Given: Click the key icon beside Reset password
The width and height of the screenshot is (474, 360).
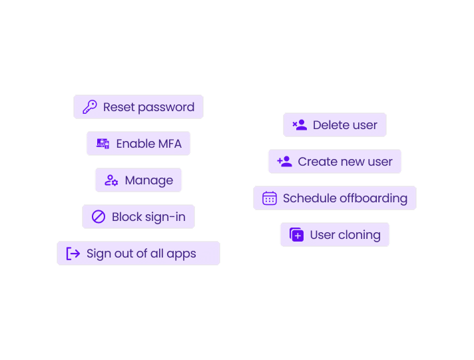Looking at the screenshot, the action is (x=90, y=107).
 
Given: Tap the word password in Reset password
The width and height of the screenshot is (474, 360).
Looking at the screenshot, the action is (x=166, y=108).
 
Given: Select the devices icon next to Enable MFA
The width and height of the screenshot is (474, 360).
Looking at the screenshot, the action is (x=103, y=144).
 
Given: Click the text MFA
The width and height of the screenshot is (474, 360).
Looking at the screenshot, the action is (x=170, y=144).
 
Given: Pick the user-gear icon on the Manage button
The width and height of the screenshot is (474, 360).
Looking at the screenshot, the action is (x=111, y=180).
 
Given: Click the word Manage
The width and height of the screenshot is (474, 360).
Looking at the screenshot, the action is (x=149, y=181).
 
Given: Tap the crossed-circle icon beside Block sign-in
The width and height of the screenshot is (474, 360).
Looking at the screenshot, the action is (x=99, y=217).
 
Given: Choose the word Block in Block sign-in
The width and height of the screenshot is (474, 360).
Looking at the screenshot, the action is (x=127, y=217).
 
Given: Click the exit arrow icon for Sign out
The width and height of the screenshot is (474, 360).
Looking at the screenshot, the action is (x=73, y=254).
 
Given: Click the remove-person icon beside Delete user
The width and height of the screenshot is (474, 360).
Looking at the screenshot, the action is (x=300, y=125).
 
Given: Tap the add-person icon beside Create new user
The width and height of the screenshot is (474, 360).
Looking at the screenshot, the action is (x=285, y=162).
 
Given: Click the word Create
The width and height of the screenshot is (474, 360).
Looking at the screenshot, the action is (x=317, y=162).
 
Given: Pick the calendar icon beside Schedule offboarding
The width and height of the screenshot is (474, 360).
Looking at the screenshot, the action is (x=270, y=198).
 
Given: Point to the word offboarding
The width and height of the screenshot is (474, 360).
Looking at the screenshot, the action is (x=373, y=199).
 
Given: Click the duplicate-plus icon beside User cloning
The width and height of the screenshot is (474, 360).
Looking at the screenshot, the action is (x=296, y=234).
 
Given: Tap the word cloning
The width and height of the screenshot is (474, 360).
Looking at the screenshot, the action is (x=359, y=236).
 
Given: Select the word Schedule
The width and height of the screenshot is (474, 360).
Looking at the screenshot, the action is (x=310, y=198).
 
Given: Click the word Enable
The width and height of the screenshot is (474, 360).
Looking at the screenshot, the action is (x=135, y=144).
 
